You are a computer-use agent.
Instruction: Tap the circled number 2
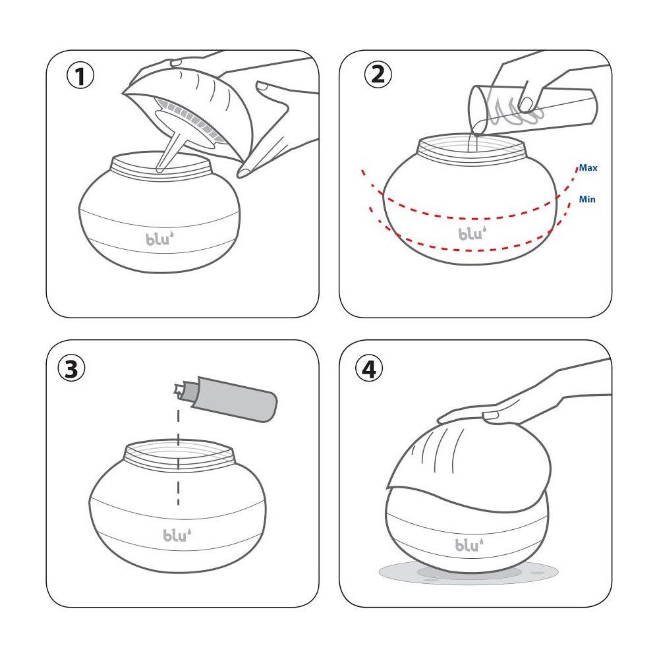click(x=378, y=74)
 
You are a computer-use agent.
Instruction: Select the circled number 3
click(x=71, y=368)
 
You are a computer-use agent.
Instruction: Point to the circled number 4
click(x=369, y=368)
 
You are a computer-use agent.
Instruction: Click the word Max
click(x=588, y=167)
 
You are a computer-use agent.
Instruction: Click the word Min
click(x=587, y=199)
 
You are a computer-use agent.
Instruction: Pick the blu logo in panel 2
click(x=473, y=233)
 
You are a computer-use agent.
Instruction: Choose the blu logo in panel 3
click(x=177, y=534)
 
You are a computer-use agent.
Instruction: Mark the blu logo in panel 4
click(x=469, y=544)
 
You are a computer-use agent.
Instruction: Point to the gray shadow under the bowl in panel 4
click(x=469, y=573)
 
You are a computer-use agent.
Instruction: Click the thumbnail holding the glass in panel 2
click(x=526, y=103)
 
